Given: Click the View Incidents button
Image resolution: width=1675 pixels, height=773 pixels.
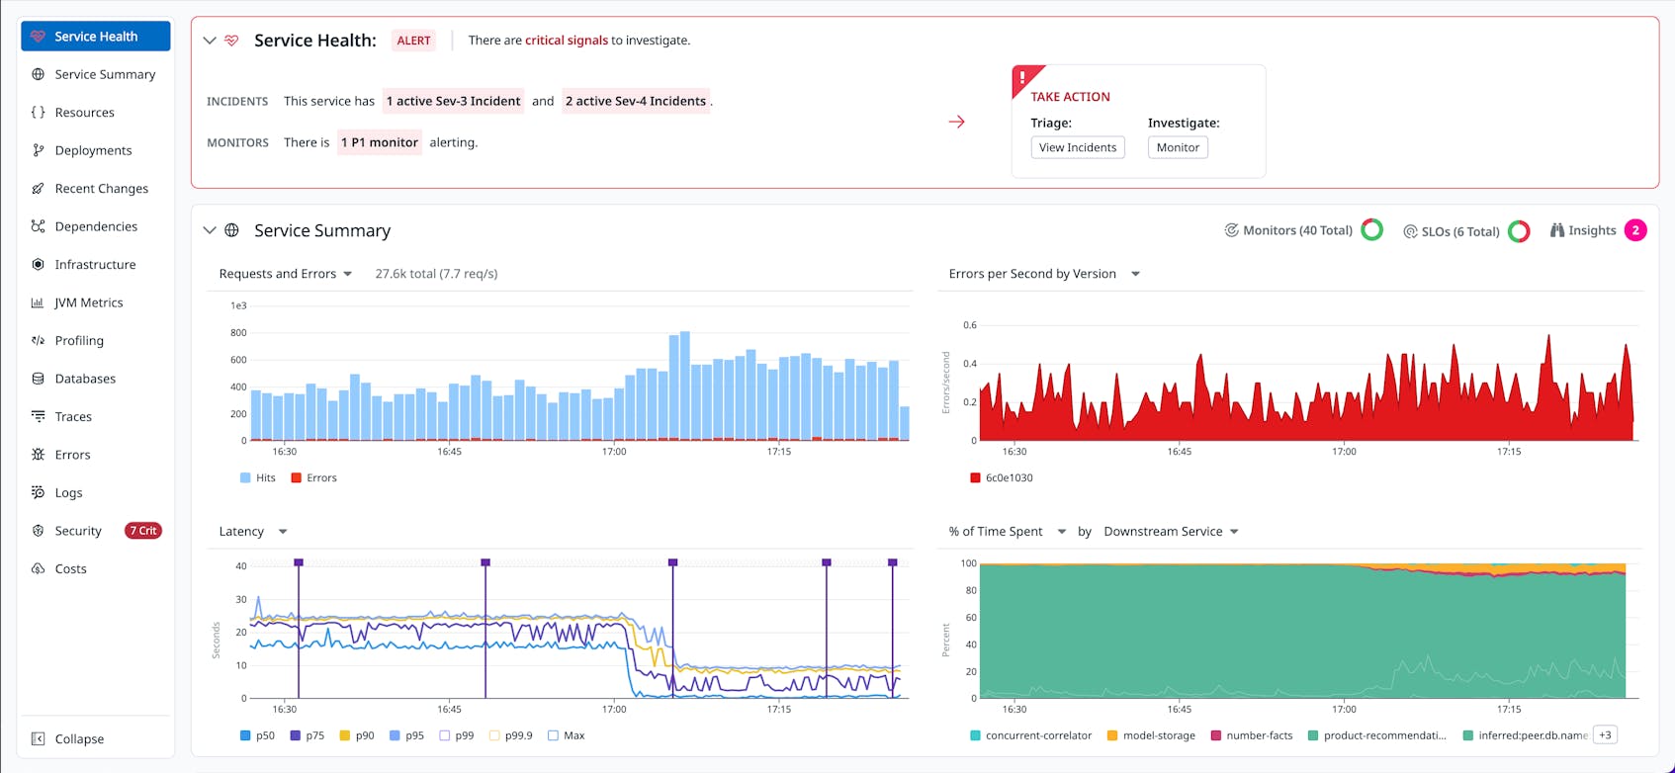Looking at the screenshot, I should click(x=1077, y=147).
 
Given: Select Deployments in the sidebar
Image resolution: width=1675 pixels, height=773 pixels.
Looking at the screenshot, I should click(x=93, y=150).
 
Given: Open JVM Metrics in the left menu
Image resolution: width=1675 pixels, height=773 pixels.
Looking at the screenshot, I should click(x=88, y=302).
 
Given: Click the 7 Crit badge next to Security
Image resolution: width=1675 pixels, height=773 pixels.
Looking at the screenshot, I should click(x=143, y=531).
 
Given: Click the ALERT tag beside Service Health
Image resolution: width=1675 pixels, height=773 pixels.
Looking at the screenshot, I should click(x=413, y=41).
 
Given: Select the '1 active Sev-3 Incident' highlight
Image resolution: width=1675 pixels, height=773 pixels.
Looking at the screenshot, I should click(x=453, y=101).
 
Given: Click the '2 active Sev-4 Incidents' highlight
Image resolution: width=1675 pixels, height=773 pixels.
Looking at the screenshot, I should click(x=636, y=101).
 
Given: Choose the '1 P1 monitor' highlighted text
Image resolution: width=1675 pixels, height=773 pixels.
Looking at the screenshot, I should click(x=380, y=142).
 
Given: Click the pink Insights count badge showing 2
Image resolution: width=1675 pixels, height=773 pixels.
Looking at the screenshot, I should click(x=1635, y=230).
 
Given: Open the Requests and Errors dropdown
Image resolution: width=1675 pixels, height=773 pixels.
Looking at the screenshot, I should click(x=286, y=274).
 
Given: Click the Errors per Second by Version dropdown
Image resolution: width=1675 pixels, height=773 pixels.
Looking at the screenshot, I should click(x=1044, y=274).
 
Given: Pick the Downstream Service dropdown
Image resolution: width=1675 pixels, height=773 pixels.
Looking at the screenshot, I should click(x=1171, y=532).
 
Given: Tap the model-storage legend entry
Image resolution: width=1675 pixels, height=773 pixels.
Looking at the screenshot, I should click(x=1152, y=735).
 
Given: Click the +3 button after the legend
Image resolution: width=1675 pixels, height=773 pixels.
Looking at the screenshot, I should click(x=1605, y=734).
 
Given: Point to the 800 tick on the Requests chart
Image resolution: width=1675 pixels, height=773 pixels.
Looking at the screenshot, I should click(x=238, y=333).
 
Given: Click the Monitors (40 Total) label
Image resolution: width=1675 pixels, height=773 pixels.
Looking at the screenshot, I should click(x=1296, y=230).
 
